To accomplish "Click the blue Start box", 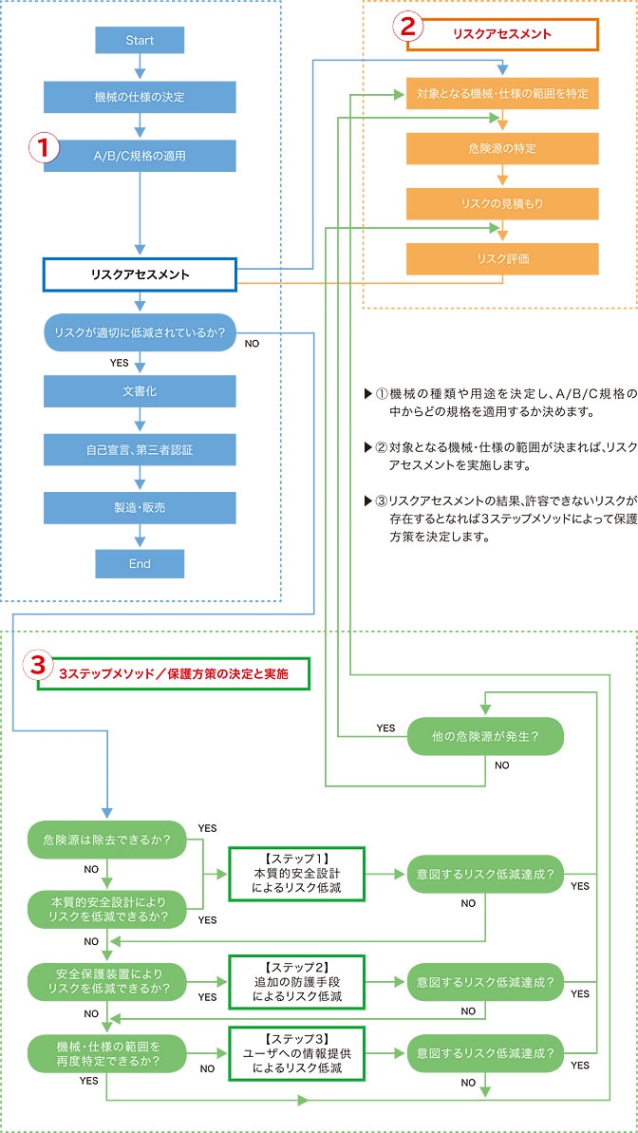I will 140,40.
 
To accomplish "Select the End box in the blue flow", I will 140,563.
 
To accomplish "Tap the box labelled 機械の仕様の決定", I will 140,98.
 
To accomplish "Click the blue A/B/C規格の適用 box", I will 140,156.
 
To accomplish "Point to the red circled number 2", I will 407,26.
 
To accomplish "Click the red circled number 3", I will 38,666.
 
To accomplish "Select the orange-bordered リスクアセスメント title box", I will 502,34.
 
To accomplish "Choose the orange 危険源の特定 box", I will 502,148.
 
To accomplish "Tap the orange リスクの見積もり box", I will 502,203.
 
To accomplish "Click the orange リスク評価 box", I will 502,258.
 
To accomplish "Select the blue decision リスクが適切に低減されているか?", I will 140,332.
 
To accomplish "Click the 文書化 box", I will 140,391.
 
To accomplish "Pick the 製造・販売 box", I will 140,507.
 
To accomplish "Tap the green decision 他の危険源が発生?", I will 485,736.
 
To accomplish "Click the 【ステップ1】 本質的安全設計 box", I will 296,873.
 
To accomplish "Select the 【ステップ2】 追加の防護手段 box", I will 296,981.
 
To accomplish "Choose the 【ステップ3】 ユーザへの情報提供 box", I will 296,1053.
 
